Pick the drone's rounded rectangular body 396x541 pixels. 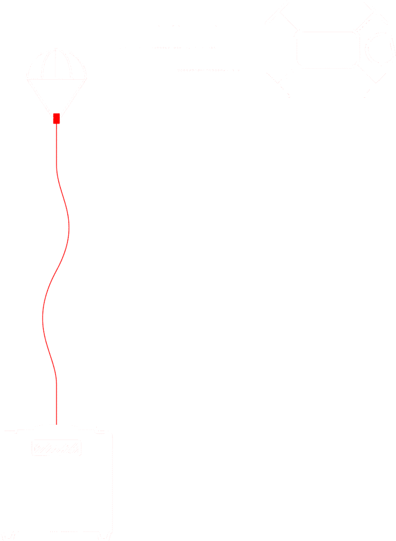tap(326, 49)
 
